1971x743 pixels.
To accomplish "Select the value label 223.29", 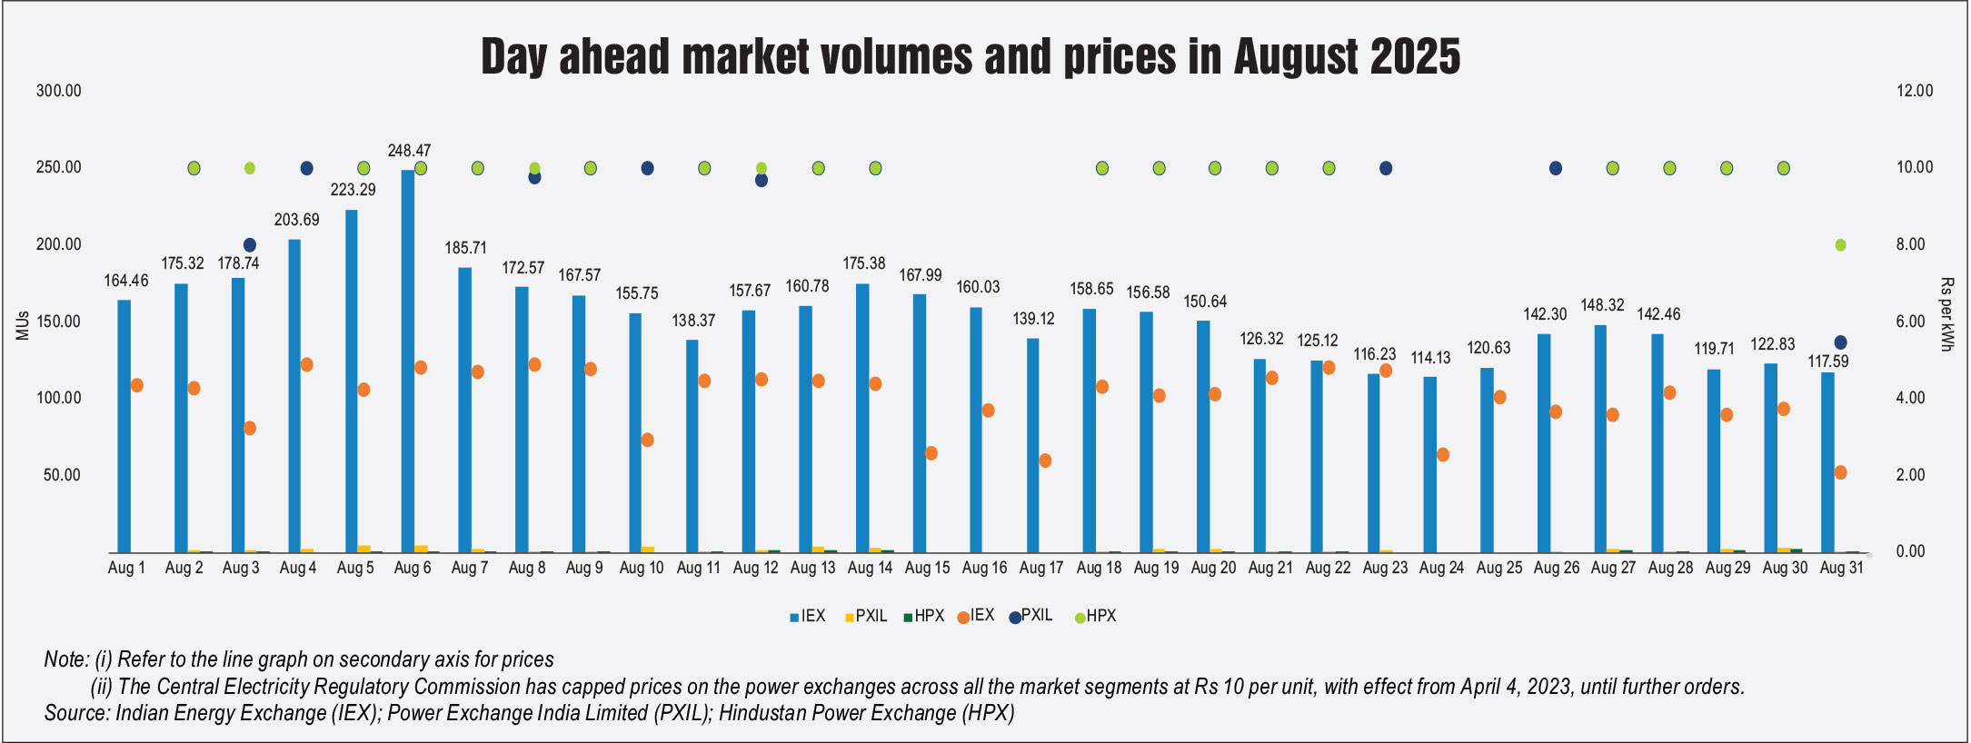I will tap(353, 190).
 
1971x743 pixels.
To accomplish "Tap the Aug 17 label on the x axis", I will tap(1041, 569).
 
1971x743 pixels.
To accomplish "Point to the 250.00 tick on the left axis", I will tap(59, 167).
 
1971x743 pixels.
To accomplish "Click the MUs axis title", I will tap(23, 325).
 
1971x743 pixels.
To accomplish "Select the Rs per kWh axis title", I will tap(1946, 314).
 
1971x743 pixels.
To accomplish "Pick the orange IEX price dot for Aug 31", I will tap(1841, 472).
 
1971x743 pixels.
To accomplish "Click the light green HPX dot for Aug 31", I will tap(1841, 245).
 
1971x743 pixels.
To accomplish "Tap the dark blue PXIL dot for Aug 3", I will tap(250, 245).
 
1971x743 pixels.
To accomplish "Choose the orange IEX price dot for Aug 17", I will tap(1045, 461).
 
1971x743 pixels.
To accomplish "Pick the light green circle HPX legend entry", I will tap(1095, 617).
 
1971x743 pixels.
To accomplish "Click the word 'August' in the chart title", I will tap(1298, 57).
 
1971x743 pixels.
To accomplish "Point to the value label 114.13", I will tap(1431, 358).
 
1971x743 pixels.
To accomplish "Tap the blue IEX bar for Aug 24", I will tap(1430, 464).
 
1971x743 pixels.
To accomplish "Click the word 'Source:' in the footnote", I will tap(77, 713).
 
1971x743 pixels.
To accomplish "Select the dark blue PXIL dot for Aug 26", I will tap(1556, 168).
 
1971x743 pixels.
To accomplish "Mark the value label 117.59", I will tap(1828, 362).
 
